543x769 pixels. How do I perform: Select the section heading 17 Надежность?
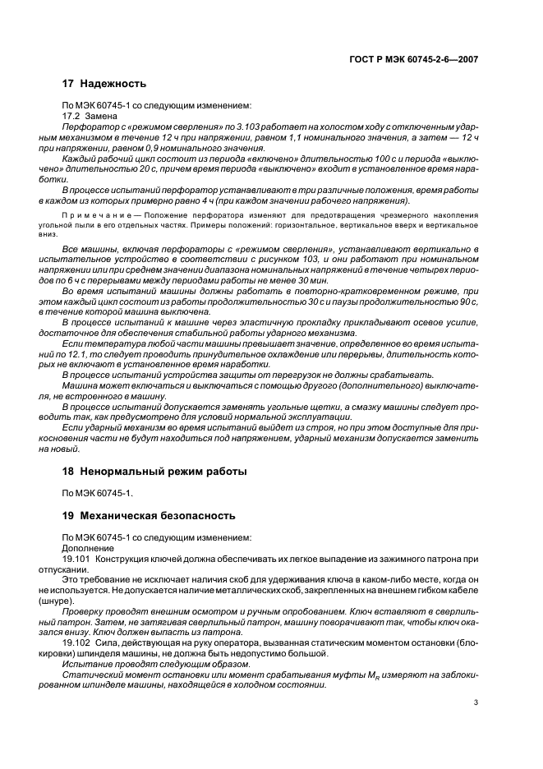coord(104,84)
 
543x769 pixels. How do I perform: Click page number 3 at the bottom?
coord(476,702)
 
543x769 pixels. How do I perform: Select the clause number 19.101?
coord(77,558)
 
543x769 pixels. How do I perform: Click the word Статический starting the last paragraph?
coord(92,675)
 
